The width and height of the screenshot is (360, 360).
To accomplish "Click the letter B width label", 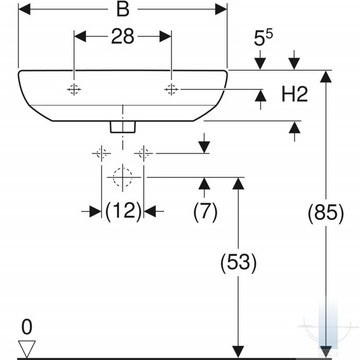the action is [123, 10].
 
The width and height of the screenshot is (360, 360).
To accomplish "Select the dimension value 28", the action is [123, 36].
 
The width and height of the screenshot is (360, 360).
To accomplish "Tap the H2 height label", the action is [294, 94].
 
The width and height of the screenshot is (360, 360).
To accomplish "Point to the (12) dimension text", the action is [123, 211].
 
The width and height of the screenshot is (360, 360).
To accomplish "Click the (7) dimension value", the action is [205, 211].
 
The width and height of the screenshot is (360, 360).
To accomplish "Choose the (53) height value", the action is [238, 263].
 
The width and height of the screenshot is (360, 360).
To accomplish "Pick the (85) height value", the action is [326, 213].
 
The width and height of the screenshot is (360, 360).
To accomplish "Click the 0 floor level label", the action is [27, 327].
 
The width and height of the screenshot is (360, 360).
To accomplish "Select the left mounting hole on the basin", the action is [74, 89].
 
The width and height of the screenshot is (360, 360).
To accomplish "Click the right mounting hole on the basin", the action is [171, 89].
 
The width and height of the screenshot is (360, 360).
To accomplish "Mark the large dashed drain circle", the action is [123, 177].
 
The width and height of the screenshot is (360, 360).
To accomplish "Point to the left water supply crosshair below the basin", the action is [101, 153].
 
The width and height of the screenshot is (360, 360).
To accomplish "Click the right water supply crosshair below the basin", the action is [144, 153].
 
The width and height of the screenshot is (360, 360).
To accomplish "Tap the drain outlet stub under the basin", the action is [123, 127].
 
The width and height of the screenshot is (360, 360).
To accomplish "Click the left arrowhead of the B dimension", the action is [24, 9].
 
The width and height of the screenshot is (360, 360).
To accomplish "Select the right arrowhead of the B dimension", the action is [221, 9].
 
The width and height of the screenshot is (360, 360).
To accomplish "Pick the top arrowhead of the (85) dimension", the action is [326, 76].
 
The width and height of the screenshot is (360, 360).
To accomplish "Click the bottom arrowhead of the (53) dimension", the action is [238, 352].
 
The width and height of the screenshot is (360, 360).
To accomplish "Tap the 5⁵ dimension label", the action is [263, 37].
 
